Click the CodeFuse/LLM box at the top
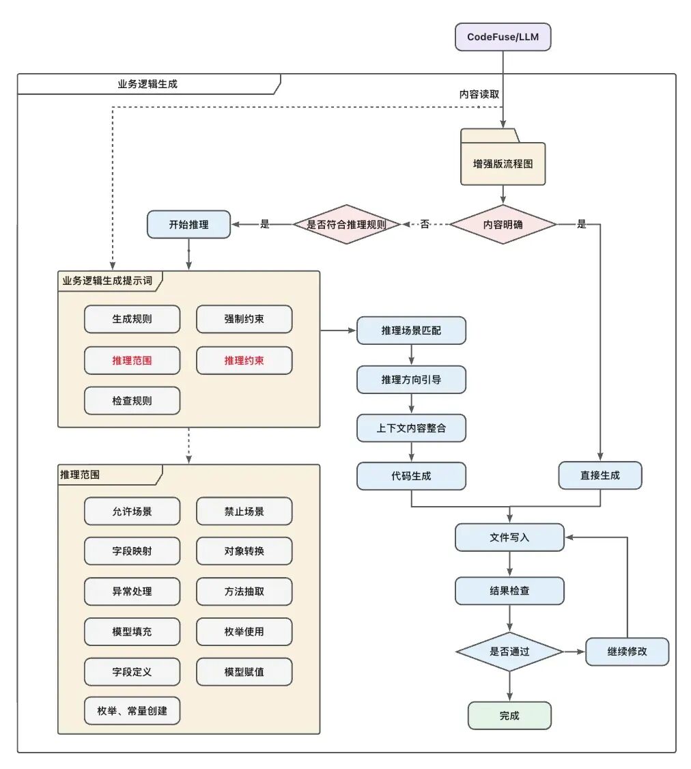[x=503, y=37]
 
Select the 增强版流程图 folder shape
[x=503, y=164]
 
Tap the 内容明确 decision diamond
[x=503, y=224]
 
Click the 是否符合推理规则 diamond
[x=346, y=224]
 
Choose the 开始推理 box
[x=188, y=224]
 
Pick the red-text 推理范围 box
[x=132, y=361]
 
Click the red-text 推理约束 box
[x=244, y=361]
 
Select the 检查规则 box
[x=132, y=401]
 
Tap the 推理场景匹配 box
[x=411, y=331]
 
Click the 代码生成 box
[x=411, y=476]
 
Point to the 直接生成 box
[x=600, y=476]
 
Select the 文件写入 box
[x=509, y=537]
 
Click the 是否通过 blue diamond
[x=509, y=652]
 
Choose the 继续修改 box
[x=627, y=652]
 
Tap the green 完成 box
[x=509, y=716]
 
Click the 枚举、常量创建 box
[x=132, y=711]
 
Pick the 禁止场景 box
[x=244, y=511]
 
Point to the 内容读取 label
[x=478, y=94]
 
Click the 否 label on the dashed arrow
[x=425, y=224]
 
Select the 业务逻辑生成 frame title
[x=148, y=84]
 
